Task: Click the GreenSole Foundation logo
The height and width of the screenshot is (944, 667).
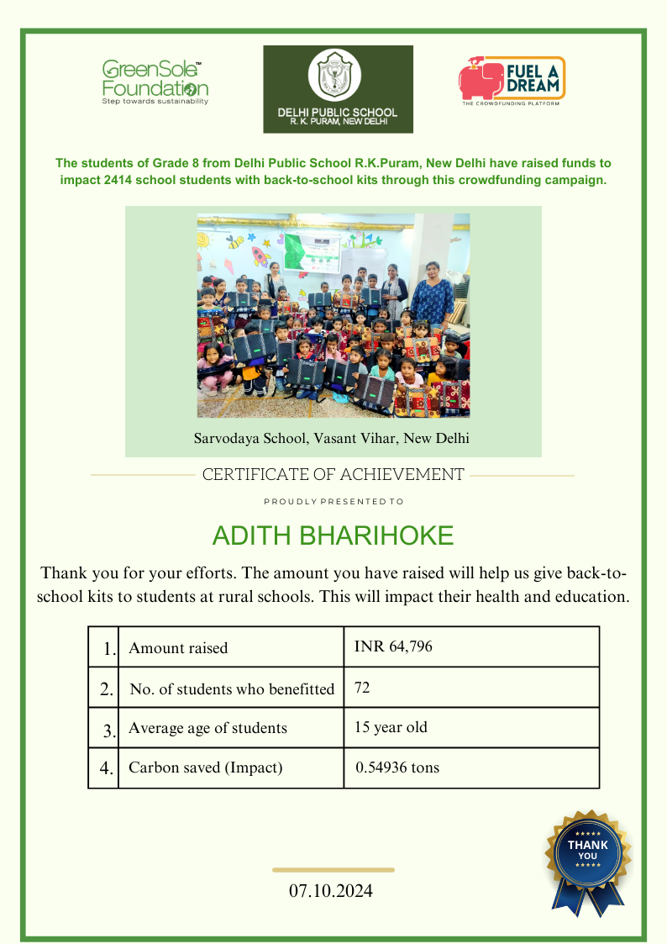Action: pyautogui.click(x=155, y=82)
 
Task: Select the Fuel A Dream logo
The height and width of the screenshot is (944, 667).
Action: pyautogui.click(x=512, y=81)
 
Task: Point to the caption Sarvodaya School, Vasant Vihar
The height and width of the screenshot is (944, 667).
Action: pyautogui.click(x=332, y=438)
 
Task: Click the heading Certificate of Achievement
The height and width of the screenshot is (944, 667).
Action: pyautogui.click(x=333, y=475)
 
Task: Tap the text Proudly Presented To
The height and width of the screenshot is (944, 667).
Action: pyautogui.click(x=333, y=502)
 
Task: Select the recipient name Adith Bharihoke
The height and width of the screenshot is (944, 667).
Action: pyautogui.click(x=333, y=535)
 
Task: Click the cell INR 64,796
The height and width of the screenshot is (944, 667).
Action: pyautogui.click(x=394, y=646)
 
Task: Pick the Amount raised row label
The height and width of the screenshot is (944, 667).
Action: pyautogui.click(x=178, y=648)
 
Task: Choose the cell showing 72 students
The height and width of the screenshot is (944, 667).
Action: pyautogui.click(x=363, y=688)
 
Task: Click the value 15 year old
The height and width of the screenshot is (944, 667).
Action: pyautogui.click(x=391, y=727)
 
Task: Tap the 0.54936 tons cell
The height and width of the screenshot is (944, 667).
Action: pyautogui.click(x=397, y=767)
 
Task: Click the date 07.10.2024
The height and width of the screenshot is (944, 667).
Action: pyautogui.click(x=331, y=891)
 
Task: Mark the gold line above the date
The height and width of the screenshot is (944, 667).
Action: pyautogui.click(x=333, y=870)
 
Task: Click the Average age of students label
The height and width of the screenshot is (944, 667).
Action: pyautogui.click(x=207, y=728)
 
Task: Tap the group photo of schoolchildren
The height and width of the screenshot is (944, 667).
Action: pyautogui.click(x=333, y=315)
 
